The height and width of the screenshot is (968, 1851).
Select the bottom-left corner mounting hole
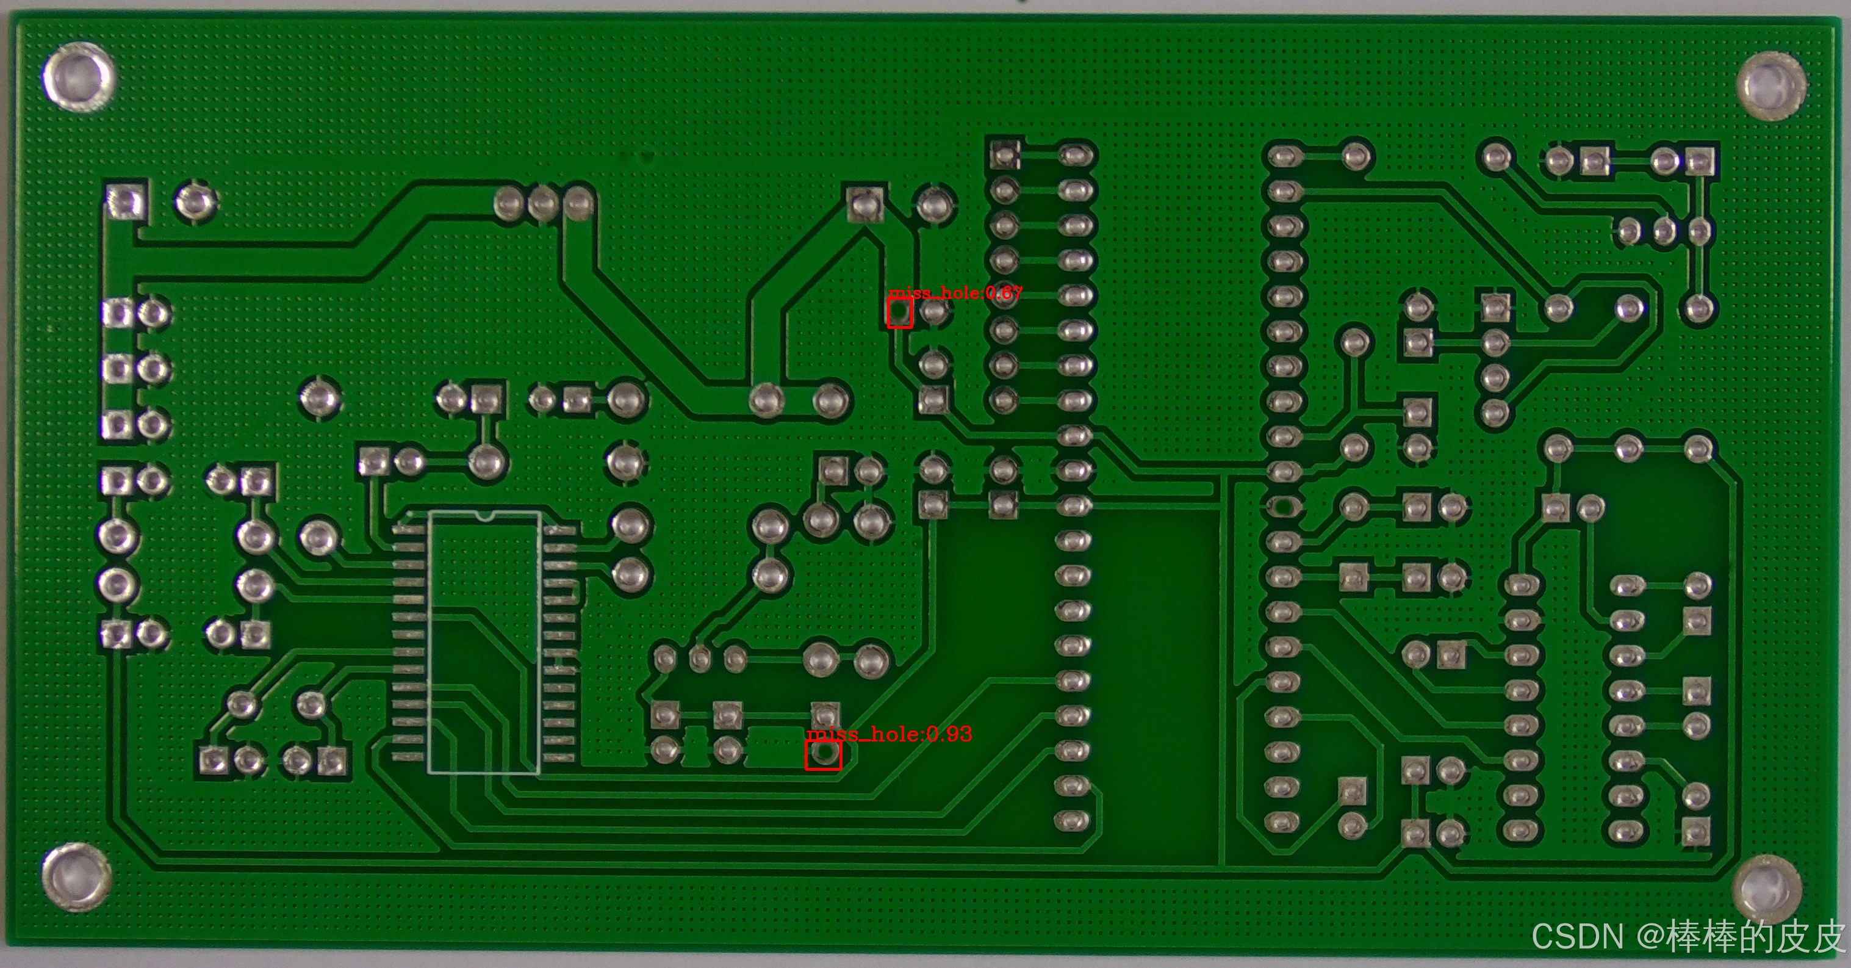76,878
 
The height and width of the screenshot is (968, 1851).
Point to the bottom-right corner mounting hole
1767,889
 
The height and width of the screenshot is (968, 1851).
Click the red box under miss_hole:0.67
900,313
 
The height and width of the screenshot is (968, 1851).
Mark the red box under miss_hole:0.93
823,754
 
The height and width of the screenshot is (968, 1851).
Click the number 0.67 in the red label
1003,292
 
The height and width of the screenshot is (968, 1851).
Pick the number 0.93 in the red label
949,734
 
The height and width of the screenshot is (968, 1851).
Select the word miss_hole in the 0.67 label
933,292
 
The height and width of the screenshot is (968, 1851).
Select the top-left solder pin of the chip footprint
408,530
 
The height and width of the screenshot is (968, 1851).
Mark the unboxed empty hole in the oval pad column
1284,507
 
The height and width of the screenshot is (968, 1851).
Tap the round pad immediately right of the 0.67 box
934,312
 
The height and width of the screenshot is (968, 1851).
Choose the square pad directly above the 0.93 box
825,714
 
